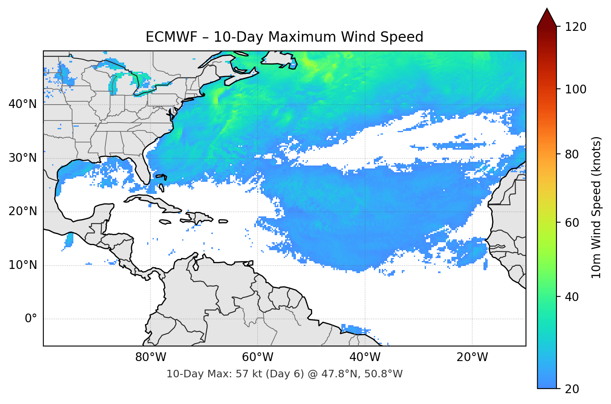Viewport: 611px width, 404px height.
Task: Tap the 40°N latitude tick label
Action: (x=23, y=104)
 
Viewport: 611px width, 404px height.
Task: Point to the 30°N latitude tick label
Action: (x=23, y=158)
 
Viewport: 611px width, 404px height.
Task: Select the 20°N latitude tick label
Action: (x=23, y=211)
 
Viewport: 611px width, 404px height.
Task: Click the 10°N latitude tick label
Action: (x=23, y=265)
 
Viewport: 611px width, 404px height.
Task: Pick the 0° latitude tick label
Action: (x=30, y=319)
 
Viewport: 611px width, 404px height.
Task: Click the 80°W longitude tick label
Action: (x=150, y=357)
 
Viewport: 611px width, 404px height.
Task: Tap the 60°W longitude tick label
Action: (x=258, y=357)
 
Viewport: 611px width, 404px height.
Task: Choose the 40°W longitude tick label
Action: (x=365, y=357)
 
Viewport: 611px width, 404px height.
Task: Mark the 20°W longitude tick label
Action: (x=472, y=357)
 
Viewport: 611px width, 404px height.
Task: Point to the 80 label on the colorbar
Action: (x=573, y=154)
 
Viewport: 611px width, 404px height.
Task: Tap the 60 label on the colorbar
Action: (x=573, y=223)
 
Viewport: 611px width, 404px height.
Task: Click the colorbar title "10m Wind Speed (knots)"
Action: (x=596, y=207)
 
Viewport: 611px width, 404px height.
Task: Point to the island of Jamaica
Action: (x=165, y=222)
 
